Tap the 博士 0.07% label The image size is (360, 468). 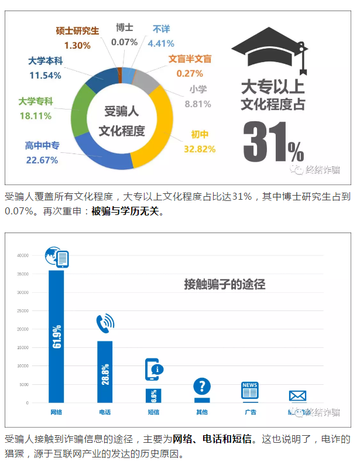point(124,35)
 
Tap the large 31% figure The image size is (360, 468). point(273,143)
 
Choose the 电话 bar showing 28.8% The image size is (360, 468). point(105,371)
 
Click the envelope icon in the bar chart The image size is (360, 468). point(297,395)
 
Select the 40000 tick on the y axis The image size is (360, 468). point(23,255)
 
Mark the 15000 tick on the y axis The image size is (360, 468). point(23,348)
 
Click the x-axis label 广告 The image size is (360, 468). point(250,412)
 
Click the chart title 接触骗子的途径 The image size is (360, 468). point(225,285)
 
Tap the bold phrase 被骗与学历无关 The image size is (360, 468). point(125,211)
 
